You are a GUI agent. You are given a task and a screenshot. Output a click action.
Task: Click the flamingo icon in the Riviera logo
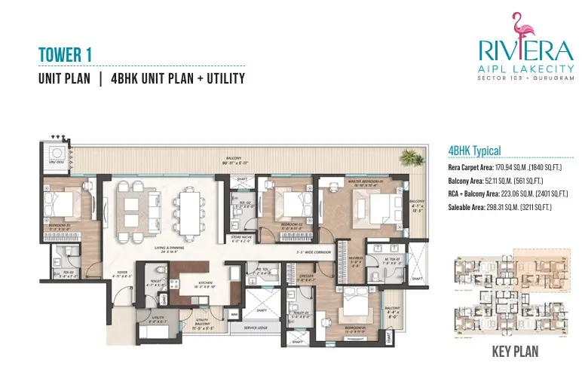pyautogui.click(x=517, y=28)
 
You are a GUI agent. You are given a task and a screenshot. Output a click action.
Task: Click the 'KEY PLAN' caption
pyautogui.click(x=516, y=351)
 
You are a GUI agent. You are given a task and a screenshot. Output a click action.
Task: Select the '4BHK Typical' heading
pyautogui.click(x=474, y=151)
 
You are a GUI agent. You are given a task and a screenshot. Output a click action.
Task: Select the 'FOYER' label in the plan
pyautogui.click(x=120, y=274)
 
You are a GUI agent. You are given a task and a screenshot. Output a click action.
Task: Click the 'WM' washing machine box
pyautogui.click(x=234, y=314)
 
